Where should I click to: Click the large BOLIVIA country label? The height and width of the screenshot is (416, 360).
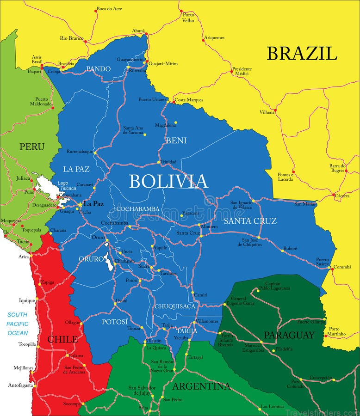tap(168, 181)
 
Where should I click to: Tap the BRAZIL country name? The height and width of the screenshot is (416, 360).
tap(301, 54)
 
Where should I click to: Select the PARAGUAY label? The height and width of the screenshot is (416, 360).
tap(289, 335)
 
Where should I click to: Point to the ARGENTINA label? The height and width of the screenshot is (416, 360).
tap(201, 386)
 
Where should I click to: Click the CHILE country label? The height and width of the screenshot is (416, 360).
tap(62, 339)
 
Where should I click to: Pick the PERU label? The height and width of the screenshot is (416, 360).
tap(32, 147)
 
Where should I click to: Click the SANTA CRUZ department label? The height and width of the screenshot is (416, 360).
tap(250, 221)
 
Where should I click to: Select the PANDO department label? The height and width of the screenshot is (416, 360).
tap(98, 69)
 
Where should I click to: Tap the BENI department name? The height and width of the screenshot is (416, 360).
tap(176, 140)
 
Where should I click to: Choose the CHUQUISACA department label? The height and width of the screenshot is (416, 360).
tap(175, 306)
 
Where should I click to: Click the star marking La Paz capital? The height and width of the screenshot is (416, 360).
tap(80, 204)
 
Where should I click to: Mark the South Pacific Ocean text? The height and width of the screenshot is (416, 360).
tap(18, 324)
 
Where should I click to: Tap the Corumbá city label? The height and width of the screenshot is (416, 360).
tap(343, 267)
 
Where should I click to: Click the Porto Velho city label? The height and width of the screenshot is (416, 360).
tap(188, 18)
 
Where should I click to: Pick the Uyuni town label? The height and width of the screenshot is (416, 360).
tap(121, 300)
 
